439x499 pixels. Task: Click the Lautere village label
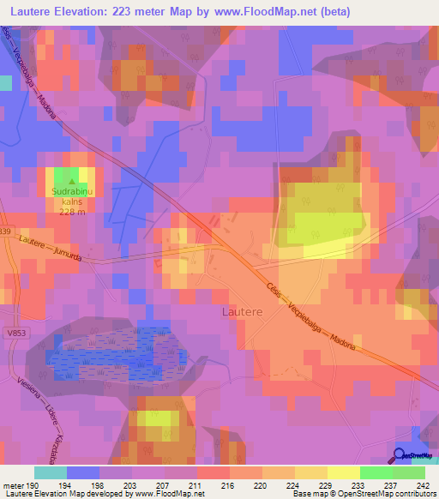point(243,313)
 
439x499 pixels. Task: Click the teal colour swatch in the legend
point(50,472)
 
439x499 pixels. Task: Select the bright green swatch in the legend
point(376,472)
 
